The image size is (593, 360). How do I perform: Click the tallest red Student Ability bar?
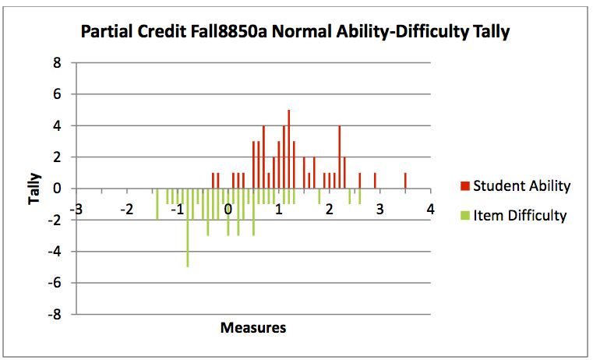point(288,150)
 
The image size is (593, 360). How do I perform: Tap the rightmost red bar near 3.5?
point(405,181)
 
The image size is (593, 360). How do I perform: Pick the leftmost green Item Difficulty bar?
point(157,203)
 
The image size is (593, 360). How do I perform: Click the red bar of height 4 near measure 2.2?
point(339,157)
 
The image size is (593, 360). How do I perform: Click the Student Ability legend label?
point(521,186)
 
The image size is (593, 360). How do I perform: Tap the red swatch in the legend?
point(464,186)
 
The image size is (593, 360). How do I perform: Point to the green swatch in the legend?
point(464,216)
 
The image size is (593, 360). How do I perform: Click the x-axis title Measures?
point(252,327)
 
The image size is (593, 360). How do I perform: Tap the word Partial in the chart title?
point(108,33)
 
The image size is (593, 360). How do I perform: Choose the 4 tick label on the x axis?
point(429,210)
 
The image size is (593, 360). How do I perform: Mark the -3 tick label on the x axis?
point(76,210)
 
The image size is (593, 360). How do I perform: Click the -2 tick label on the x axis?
point(127,210)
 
